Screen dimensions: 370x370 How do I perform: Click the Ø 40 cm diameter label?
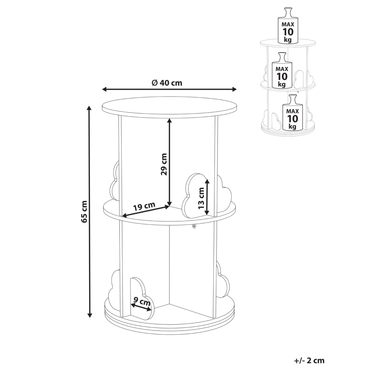167,83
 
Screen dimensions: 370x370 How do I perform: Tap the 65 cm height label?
84,211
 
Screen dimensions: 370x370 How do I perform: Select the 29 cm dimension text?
164,164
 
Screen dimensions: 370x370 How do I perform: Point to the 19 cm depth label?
144,206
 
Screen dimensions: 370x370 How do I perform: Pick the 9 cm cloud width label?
142,302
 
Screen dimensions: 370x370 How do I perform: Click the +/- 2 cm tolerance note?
309,360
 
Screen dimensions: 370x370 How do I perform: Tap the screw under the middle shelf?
194,226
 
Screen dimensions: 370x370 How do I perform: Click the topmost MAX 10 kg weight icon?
287,26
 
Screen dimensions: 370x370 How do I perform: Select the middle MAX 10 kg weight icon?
282,70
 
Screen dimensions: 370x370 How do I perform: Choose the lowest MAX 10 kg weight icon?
292,112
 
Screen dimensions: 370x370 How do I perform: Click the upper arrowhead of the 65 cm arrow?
89,108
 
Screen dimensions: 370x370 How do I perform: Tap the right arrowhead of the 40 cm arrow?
234,89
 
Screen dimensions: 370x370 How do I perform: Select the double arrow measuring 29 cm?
169,162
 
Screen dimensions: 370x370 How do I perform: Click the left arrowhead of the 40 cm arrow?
105,89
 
